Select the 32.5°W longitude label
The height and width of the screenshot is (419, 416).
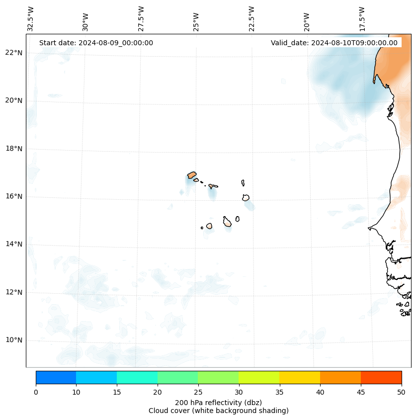pyautogui.click(x=31, y=19)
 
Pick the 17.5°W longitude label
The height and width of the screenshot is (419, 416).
pyautogui.click(x=362, y=19)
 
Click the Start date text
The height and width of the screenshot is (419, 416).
pyautogui.click(x=96, y=43)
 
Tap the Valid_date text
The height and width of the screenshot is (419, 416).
pyautogui.click(x=334, y=43)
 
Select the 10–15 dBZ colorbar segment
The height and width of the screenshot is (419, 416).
pyautogui.click(x=96, y=377)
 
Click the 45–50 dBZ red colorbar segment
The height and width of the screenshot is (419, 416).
pyautogui.click(x=381, y=377)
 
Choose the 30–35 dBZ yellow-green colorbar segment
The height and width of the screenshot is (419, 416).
pyautogui.click(x=259, y=377)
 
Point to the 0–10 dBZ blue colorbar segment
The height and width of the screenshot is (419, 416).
pyautogui.click(x=56, y=377)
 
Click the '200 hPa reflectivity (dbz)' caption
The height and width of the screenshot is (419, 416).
pyautogui.click(x=218, y=402)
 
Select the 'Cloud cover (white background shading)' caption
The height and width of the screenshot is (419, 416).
pyautogui.click(x=218, y=411)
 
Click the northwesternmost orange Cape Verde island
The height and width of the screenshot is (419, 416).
pyautogui.click(x=192, y=175)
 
